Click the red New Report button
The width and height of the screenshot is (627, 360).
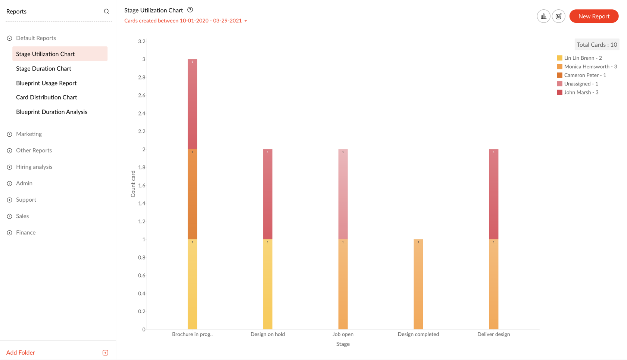point(594,16)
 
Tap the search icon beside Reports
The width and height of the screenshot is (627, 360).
point(106,12)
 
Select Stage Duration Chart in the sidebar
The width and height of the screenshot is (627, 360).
point(44,69)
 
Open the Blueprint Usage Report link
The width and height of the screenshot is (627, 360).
point(46,83)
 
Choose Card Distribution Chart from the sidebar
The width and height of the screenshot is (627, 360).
point(47,97)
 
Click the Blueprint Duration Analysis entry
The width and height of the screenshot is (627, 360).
point(52,112)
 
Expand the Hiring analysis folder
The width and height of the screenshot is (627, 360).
point(34,167)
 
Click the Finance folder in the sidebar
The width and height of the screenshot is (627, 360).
point(26,233)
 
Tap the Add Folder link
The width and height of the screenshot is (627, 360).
point(21,353)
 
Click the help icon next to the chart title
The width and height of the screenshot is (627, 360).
point(190,10)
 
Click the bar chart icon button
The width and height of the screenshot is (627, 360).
point(543,16)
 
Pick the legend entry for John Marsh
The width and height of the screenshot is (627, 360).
point(581,93)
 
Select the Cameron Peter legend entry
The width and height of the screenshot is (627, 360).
point(584,75)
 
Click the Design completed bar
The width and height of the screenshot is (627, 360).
point(418,284)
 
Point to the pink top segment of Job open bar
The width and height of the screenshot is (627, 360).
point(343,194)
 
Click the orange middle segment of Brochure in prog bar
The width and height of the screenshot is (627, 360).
point(193,194)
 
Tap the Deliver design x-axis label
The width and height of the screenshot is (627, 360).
point(493,334)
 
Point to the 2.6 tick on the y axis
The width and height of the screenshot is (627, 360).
point(142,96)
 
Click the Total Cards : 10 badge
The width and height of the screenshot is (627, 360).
point(596,45)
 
